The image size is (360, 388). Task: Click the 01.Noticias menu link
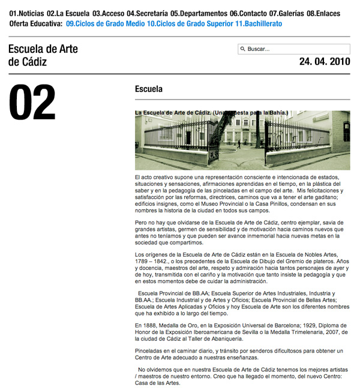coord(27,13)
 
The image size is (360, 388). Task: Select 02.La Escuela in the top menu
coord(68,13)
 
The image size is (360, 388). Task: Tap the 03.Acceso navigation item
coord(108,13)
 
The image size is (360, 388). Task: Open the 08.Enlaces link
coord(323,13)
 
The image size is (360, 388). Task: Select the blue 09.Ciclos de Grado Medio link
coord(105,24)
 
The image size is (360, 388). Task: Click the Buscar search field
coord(296,49)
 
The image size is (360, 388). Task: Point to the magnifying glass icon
coord(243,49)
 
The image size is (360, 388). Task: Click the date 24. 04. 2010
coord(324,61)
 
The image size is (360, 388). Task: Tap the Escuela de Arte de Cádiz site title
coord(44,55)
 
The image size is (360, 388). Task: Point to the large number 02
coord(32,103)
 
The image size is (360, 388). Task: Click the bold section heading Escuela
coord(149,89)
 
